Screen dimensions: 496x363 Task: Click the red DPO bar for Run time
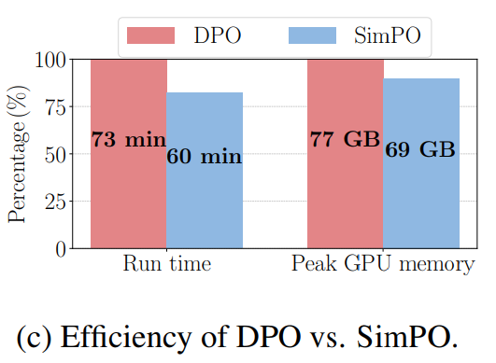click(129, 154)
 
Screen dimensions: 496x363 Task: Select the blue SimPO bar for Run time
click(205, 170)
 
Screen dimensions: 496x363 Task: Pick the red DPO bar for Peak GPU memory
click(346, 154)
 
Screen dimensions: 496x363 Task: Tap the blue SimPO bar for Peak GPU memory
click(421, 163)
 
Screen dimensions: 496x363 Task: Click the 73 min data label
click(129, 139)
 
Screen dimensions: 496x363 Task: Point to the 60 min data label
click(205, 156)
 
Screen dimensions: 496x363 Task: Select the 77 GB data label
click(345, 139)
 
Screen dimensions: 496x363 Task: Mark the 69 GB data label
click(420, 149)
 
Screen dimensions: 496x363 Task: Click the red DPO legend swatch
click(151, 35)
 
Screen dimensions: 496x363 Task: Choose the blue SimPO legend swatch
click(312, 35)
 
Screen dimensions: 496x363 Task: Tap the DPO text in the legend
click(218, 35)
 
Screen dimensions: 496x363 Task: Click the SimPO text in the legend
click(388, 35)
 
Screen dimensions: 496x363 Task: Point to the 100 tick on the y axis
click(50, 60)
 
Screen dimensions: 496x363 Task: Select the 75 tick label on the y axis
click(56, 107)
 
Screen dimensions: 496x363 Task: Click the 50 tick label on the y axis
click(56, 155)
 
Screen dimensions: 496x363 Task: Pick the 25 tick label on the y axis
click(56, 202)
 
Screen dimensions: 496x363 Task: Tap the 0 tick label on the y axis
click(61, 249)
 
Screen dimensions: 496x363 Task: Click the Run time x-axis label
click(167, 263)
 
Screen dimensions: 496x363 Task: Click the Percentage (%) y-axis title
click(19, 154)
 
